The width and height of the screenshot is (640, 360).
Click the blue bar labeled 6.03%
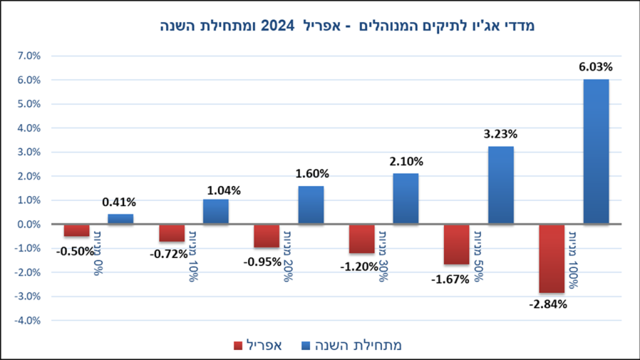pyautogui.click(x=596, y=151)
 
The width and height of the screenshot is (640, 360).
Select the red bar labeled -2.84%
pyautogui.click(x=551, y=258)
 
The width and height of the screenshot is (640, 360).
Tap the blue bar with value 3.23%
pyautogui.click(x=501, y=185)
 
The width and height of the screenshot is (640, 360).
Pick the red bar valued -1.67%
pyautogui.click(x=456, y=244)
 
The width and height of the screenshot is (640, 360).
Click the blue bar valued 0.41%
pyautogui.click(x=120, y=219)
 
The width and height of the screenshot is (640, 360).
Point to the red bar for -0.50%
pyautogui.click(x=76, y=230)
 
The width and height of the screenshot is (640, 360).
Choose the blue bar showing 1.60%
pyautogui.click(x=311, y=205)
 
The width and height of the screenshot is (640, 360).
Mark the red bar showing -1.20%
pyautogui.click(x=361, y=239)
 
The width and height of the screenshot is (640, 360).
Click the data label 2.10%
pyautogui.click(x=406, y=161)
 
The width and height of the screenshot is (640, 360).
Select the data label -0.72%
pyautogui.click(x=168, y=254)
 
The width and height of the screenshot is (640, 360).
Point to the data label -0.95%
pyautogui.click(x=263, y=261)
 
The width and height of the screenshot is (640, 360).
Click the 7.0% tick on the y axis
pyautogui.click(x=28, y=56)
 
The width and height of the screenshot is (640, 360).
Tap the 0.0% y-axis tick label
pyautogui.click(x=28, y=224)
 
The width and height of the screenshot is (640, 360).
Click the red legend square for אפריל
pyautogui.click(x=237, y=345)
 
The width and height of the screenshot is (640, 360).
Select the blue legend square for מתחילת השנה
pyautogui.click(x=306, y=345)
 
